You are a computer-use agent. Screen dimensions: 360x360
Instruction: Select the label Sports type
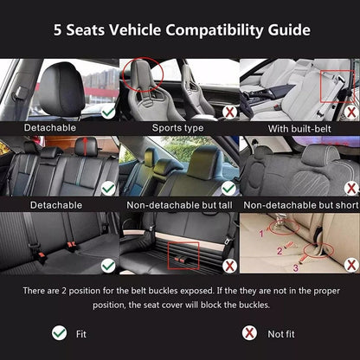pos(179,126)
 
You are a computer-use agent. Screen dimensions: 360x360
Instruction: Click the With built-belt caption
pos(299,126)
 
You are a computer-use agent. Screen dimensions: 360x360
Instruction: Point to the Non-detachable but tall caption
pos(179,204)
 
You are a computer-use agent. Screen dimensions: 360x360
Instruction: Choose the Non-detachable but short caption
pos(299,204)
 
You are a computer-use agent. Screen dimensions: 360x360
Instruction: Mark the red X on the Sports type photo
pos(228,112)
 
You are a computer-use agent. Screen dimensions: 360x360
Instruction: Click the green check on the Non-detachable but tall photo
pos(228,187)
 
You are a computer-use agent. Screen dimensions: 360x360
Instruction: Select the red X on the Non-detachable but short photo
pos(350,187)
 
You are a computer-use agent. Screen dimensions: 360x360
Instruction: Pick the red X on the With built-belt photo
pos(350,112)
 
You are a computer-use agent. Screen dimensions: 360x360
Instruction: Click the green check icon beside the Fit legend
pos(59,332)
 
